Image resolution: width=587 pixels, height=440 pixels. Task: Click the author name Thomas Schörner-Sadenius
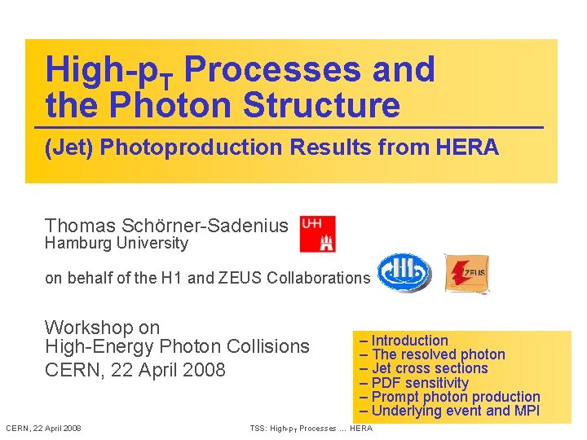[166, 226]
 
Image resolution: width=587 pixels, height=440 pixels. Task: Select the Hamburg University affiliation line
[116, 243]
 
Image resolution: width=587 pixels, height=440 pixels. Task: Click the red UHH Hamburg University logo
[317, 234]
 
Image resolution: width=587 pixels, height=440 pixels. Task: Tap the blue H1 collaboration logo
[404, 273]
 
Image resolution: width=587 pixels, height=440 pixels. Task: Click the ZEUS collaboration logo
[466, 273]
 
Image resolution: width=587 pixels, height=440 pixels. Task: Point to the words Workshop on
[102, 328]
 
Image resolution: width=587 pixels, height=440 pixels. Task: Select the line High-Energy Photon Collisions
[177, 346]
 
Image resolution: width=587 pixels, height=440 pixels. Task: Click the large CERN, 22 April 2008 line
[135, 369]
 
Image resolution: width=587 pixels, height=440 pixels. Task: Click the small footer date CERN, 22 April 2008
[43, 429]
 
